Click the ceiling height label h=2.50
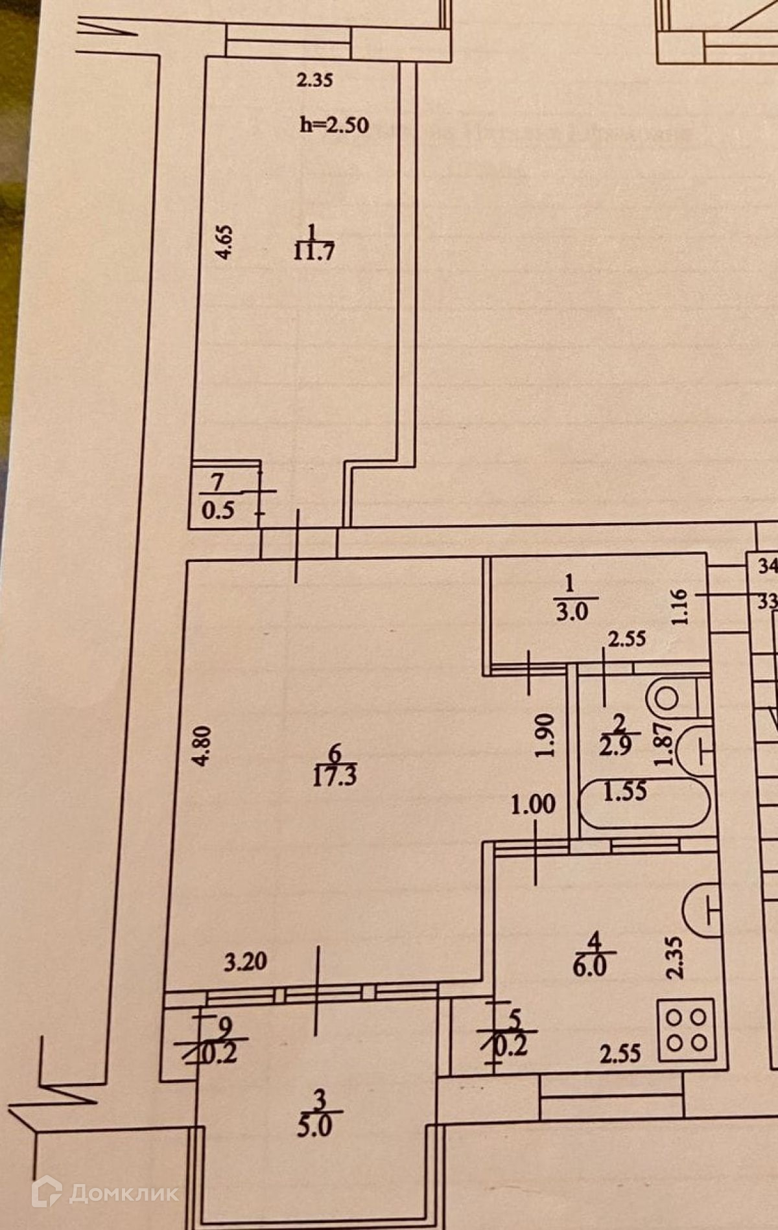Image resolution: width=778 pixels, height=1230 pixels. click(x=335, y=124)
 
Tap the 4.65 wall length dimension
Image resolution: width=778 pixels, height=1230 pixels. click(x=224, y=242)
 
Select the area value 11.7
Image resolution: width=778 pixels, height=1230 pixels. click(x=314, y=251)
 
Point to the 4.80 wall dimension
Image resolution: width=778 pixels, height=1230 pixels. click(x=202, y=745)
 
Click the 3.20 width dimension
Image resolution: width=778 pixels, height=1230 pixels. click(x=245, y=961)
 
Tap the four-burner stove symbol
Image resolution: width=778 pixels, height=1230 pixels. click(x=687, y=1030)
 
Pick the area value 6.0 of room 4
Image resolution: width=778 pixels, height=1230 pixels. click(x=589, y=967)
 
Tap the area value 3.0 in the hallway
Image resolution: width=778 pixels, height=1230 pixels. click(x=571, y=611)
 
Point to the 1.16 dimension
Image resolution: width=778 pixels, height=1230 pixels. click(x=679, y=607)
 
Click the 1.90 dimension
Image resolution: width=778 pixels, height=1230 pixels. click(x=545, y=736)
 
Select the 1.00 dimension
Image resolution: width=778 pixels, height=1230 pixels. click(x=533, y=805)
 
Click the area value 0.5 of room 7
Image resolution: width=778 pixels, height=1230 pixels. click(x=218, y=511)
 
